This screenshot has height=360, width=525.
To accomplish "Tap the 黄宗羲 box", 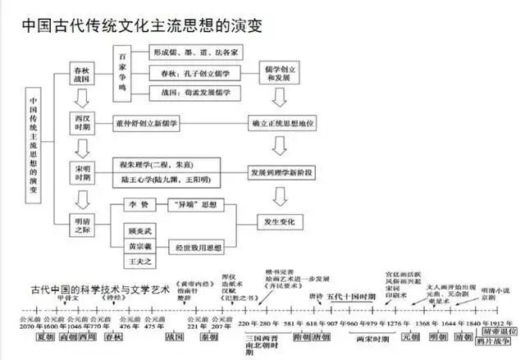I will pos(139,245).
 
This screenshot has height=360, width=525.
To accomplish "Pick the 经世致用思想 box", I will pos(195,245).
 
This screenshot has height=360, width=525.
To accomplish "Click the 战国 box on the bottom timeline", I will pos(175,337).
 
